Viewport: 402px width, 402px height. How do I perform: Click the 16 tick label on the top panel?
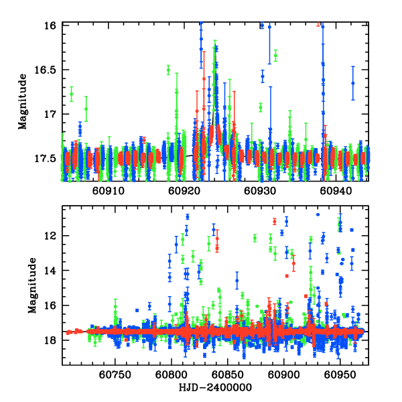click(x=50, y=25)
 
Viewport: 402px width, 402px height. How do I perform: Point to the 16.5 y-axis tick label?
click(x=46, y=70)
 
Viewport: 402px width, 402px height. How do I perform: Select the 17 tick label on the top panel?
click(x=50, y=114)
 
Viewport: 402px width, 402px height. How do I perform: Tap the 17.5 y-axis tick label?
click(x=46, y=159)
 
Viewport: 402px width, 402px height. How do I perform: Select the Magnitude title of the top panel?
click(x=23, y=103)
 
